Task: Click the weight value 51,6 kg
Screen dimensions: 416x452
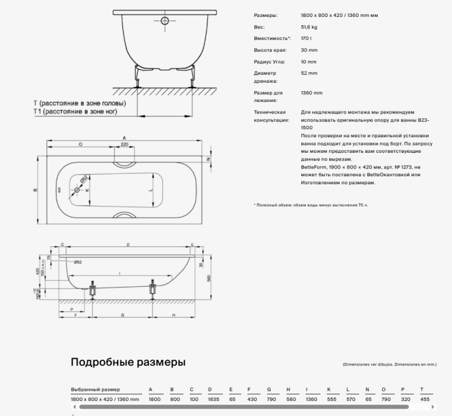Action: coord(310,27)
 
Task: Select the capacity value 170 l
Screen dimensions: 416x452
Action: coord(306,39)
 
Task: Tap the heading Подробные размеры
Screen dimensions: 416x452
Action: coord(128,362)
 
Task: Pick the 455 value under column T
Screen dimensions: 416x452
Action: coord(425,399)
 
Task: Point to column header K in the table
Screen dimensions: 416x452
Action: coord(328,389)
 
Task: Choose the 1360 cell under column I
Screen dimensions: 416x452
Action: coord(312,399)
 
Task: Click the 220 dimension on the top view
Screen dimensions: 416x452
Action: coord(125,145)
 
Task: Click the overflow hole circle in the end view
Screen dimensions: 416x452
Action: coord(166,21)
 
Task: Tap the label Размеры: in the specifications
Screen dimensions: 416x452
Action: coord(266,16)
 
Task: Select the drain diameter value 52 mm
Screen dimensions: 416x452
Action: coord(309,73)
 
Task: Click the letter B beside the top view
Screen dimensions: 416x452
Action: coord(36,191)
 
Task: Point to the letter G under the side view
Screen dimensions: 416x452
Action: coord(122,316)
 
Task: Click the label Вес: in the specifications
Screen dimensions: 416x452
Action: coord(259,27)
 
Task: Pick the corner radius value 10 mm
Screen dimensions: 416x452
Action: coord(309,62)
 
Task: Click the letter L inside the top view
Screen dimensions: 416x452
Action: coord(151,191)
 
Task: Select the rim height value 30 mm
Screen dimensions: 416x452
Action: coord(309,50)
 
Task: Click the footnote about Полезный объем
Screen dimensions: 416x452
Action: coord(310,205)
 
